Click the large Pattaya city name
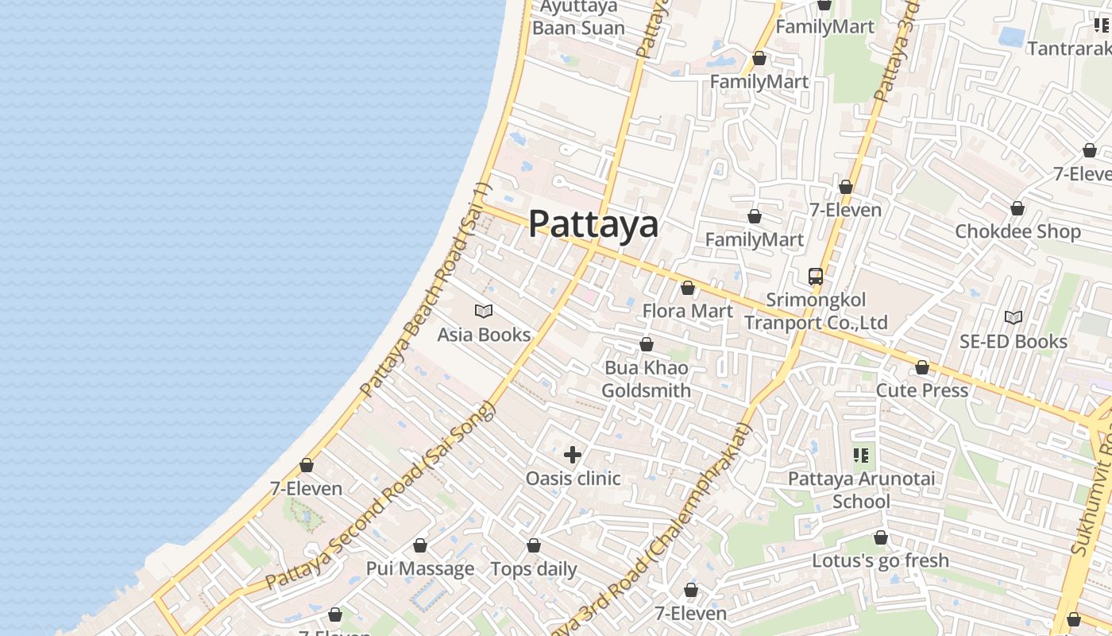(x=593, y=223)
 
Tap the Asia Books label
(x=484, y=335)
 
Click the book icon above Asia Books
(x=484, y=311)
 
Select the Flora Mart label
(x=688, y=311)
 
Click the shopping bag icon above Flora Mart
(x=688, y=288)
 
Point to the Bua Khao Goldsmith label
(x=646, y=379)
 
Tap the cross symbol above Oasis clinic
(x=573, y=455)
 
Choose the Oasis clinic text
(x=573, y=479)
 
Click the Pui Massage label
(x=419, y=569)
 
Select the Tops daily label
(x=534, y=569)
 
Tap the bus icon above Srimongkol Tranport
(x=816, y=277)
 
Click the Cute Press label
(x=921, y=390)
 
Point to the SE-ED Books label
(x=1014, y=341)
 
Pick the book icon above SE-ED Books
(x=1014, y=318)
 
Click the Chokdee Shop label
(x=1017, y=231)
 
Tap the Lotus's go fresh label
(x=880, y=560)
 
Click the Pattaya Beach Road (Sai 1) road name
(x=427, y=292)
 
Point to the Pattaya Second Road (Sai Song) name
(x=381, y=497)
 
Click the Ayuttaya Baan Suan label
(x=578, y=17)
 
